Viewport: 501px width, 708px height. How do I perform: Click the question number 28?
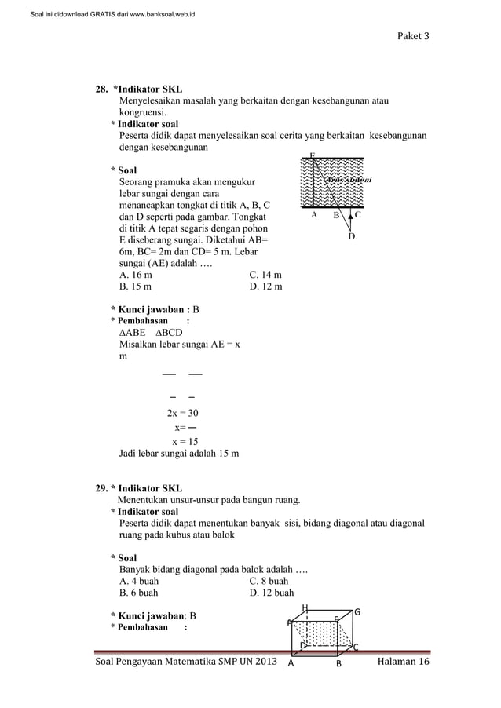coord(101,89)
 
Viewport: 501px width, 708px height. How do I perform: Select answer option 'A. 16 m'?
coord(136,275)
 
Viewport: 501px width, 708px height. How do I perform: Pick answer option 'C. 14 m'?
coord(265,275)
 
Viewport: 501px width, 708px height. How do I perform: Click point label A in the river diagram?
coord(314,213)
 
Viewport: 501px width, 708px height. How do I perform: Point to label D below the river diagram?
coord(351,235)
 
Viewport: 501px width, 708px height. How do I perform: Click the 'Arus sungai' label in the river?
coord(348,180)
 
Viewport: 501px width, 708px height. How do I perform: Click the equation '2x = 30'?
coord(182,413)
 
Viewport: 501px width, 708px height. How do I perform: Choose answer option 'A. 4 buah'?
coord(138,581)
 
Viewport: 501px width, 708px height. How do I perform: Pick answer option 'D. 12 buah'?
coord(271,593)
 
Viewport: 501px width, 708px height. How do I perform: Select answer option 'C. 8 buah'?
coord(269,581)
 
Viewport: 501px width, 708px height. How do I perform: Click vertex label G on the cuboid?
coord(357,611)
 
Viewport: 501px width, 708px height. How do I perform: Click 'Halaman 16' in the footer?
coord(404,663)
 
